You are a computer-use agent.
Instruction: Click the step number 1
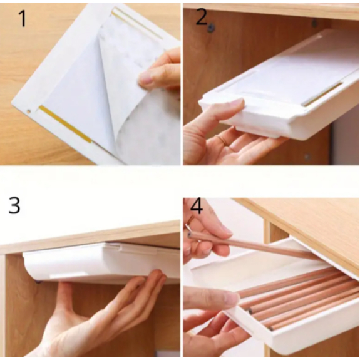[23, 19]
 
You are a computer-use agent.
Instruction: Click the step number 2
[202, 18]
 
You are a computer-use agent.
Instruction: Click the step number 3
[14, 206]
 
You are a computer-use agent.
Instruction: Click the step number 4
[197, 206]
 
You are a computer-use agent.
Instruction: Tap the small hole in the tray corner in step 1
[29, 111]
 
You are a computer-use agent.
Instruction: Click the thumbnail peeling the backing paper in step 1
[145, 78]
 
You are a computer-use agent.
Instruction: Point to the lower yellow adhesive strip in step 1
[66, 124]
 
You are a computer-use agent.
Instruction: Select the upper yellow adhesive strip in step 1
[137, 24]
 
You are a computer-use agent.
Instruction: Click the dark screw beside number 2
[211, 28]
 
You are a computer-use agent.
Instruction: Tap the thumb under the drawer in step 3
[64, 296]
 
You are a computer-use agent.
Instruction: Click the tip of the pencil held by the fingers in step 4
[189, 234]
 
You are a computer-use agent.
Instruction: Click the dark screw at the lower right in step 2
[307, 157]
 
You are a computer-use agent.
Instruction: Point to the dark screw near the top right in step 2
[315, 23]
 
